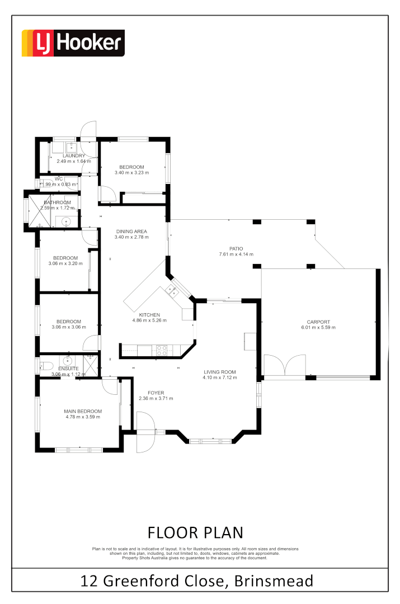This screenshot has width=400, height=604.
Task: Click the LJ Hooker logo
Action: (x=73, y=43)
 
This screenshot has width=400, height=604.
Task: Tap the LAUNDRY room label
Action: (x=73, y=155)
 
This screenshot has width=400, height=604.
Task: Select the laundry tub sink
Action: (x=72, y=147)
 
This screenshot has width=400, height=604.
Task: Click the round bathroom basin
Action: (x=67, y=221)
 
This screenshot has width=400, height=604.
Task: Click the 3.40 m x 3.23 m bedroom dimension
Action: (x=131, y=173)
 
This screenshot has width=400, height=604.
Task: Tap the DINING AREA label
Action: (x=131, y=231)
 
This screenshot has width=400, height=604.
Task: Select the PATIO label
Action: (x=236, y=248)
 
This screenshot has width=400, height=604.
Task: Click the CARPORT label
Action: (x=318, y=322)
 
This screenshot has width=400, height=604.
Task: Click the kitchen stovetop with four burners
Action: (x=161, y=350)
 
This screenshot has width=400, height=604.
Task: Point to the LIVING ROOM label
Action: (x=219, y=372)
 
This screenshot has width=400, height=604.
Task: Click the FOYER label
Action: (x=156, y=393)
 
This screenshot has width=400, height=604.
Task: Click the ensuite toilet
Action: (x=43, y=366)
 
